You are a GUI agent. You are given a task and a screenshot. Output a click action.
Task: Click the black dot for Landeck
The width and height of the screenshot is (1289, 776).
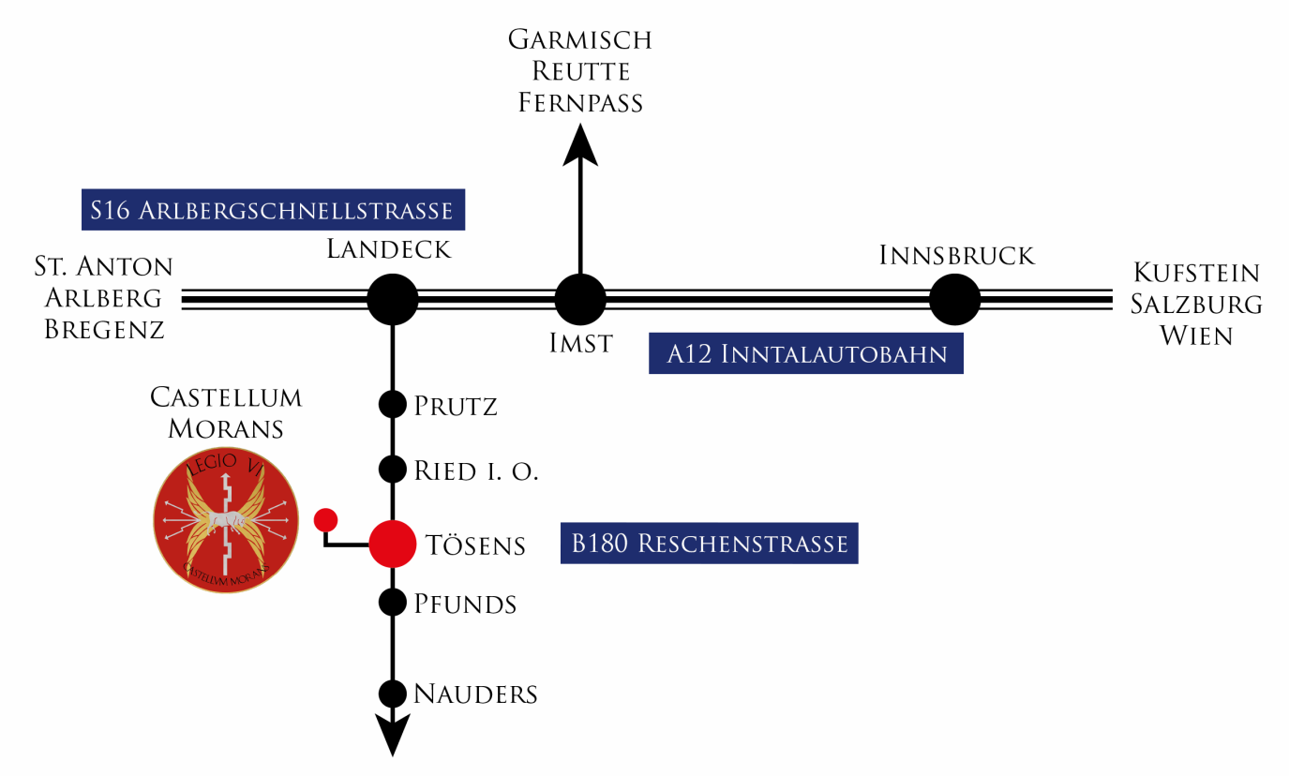[393, 299]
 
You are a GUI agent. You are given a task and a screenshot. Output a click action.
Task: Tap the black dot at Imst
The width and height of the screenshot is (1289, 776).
[580, 299]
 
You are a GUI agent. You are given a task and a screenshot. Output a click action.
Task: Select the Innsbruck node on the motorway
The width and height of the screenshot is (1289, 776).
[954, 299]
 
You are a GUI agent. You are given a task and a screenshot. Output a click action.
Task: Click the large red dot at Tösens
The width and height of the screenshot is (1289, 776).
[393, 545]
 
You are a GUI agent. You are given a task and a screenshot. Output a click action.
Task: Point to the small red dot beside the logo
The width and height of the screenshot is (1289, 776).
[325, 520]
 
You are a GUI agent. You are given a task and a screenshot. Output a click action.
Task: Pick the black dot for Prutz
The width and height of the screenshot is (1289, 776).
[393, 404]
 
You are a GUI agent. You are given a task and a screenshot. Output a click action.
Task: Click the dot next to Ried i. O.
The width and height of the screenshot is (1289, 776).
[393, 470]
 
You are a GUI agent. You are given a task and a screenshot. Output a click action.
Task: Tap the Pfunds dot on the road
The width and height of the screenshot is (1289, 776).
[393, 603]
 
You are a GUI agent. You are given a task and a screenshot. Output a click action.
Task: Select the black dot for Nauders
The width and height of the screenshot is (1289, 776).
[393, 694]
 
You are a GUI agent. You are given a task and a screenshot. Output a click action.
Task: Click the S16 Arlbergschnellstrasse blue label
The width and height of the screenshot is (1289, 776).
[274, 209]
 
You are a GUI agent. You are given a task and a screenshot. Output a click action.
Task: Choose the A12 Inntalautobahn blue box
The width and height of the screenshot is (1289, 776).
[806, 353]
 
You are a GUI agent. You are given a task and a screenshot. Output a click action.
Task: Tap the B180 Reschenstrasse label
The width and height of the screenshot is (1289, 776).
[710, 543]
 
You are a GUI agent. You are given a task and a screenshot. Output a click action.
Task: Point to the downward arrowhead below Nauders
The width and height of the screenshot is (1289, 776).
[393, 735]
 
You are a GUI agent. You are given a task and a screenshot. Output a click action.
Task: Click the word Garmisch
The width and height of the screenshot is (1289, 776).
[580, 39]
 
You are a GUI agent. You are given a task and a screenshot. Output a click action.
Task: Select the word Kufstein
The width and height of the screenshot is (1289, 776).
[1197, 273]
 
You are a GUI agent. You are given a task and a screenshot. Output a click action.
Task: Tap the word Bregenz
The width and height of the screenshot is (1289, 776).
[105, 330]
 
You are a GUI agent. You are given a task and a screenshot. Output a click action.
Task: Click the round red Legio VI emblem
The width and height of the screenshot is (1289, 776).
[226, 520]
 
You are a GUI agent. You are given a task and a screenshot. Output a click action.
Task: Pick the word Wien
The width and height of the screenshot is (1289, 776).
[1196, 336]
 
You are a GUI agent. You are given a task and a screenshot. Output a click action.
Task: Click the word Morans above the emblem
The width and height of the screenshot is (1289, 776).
[226, 428]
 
